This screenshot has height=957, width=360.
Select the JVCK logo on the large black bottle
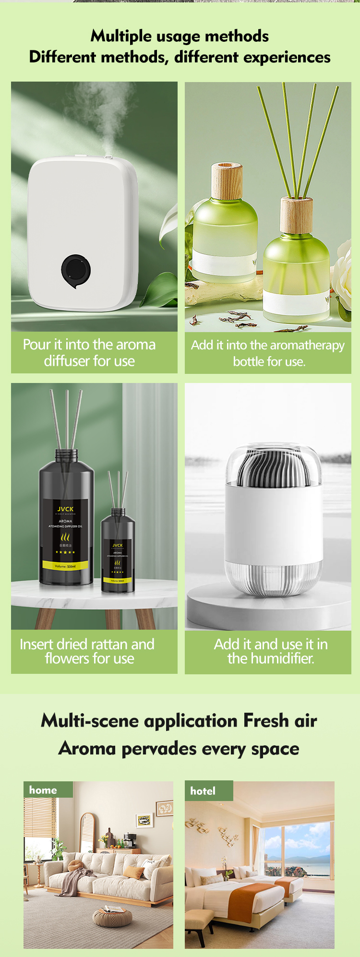pos(66,509)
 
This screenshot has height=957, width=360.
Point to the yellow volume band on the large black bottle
pos(65,566)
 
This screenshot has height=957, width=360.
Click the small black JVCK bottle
pos(118,552)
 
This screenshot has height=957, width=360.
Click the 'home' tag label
pos(43,790)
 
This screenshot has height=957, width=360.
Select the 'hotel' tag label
pos(203,791)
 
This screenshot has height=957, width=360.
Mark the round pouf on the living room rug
pos(112,917)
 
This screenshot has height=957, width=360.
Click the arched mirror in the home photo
pos(87,833)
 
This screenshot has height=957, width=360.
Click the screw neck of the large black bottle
pos(66,454)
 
